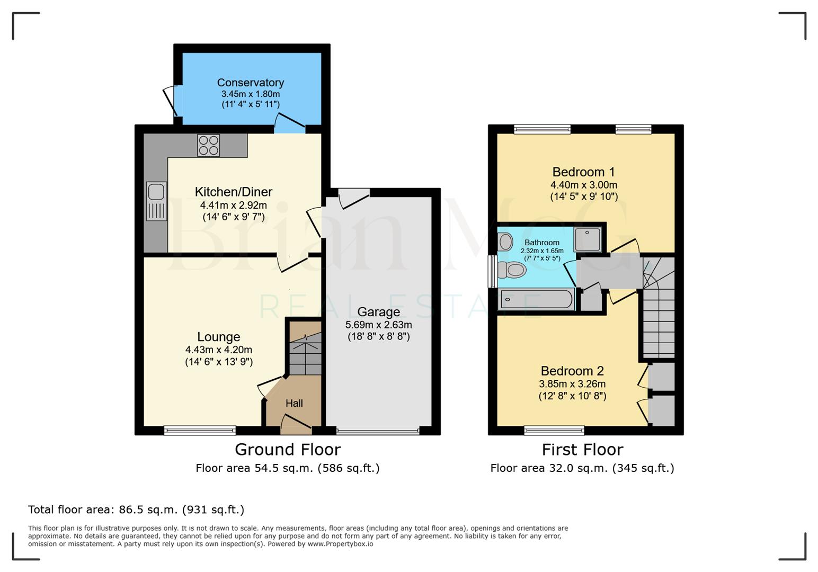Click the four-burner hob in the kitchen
208,145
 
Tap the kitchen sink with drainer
156,201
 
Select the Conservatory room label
250,83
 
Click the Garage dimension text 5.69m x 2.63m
378,325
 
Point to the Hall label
294,403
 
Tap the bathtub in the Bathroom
537,299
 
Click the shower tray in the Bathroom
588,239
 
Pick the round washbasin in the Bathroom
505,242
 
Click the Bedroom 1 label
583,172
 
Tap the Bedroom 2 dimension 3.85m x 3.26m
572,384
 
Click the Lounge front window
200,430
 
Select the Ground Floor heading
288,449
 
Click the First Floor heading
582,449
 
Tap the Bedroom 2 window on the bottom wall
554,430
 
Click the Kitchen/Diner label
233,192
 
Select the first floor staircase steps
659,323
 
